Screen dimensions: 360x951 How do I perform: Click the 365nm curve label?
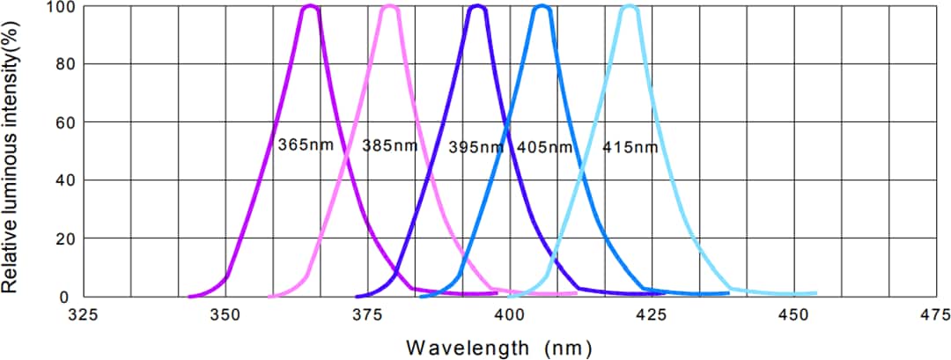(306, 145)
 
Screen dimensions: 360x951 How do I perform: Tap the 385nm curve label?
(390, 145)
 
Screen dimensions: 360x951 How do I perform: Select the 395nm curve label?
(475, 147)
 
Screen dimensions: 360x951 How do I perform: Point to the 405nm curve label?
(544, 147)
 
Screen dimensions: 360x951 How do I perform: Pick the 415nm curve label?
(630, 147)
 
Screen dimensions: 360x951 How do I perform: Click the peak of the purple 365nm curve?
(310, 8)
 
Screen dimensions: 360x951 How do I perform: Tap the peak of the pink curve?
(389, 8)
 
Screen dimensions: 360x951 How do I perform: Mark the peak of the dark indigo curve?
(477, 8)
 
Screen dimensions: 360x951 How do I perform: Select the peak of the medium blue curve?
(542, 8)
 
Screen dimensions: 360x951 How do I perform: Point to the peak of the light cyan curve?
(630, 8)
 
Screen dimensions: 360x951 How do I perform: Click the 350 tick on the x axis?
(225, 314)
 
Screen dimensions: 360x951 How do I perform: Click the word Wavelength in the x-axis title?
(467, 346)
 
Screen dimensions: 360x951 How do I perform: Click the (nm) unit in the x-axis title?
(561, 346)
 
